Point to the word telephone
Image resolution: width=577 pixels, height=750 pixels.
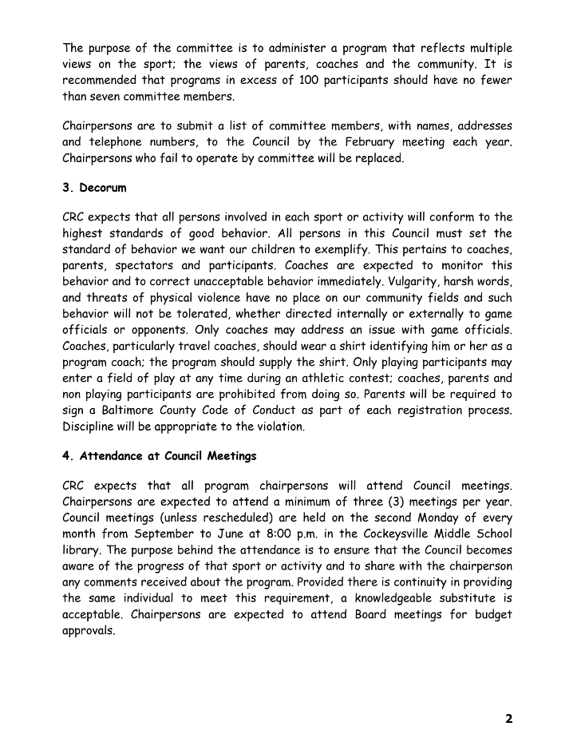[117, 142]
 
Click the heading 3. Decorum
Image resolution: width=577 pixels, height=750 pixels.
[94, 188]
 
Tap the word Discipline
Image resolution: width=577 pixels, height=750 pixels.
[92, 427]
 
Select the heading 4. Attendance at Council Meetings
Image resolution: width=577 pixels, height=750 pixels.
[160, 457]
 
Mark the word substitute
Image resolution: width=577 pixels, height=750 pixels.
[462, 598]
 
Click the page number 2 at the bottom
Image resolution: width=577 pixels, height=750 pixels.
[508, 718]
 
